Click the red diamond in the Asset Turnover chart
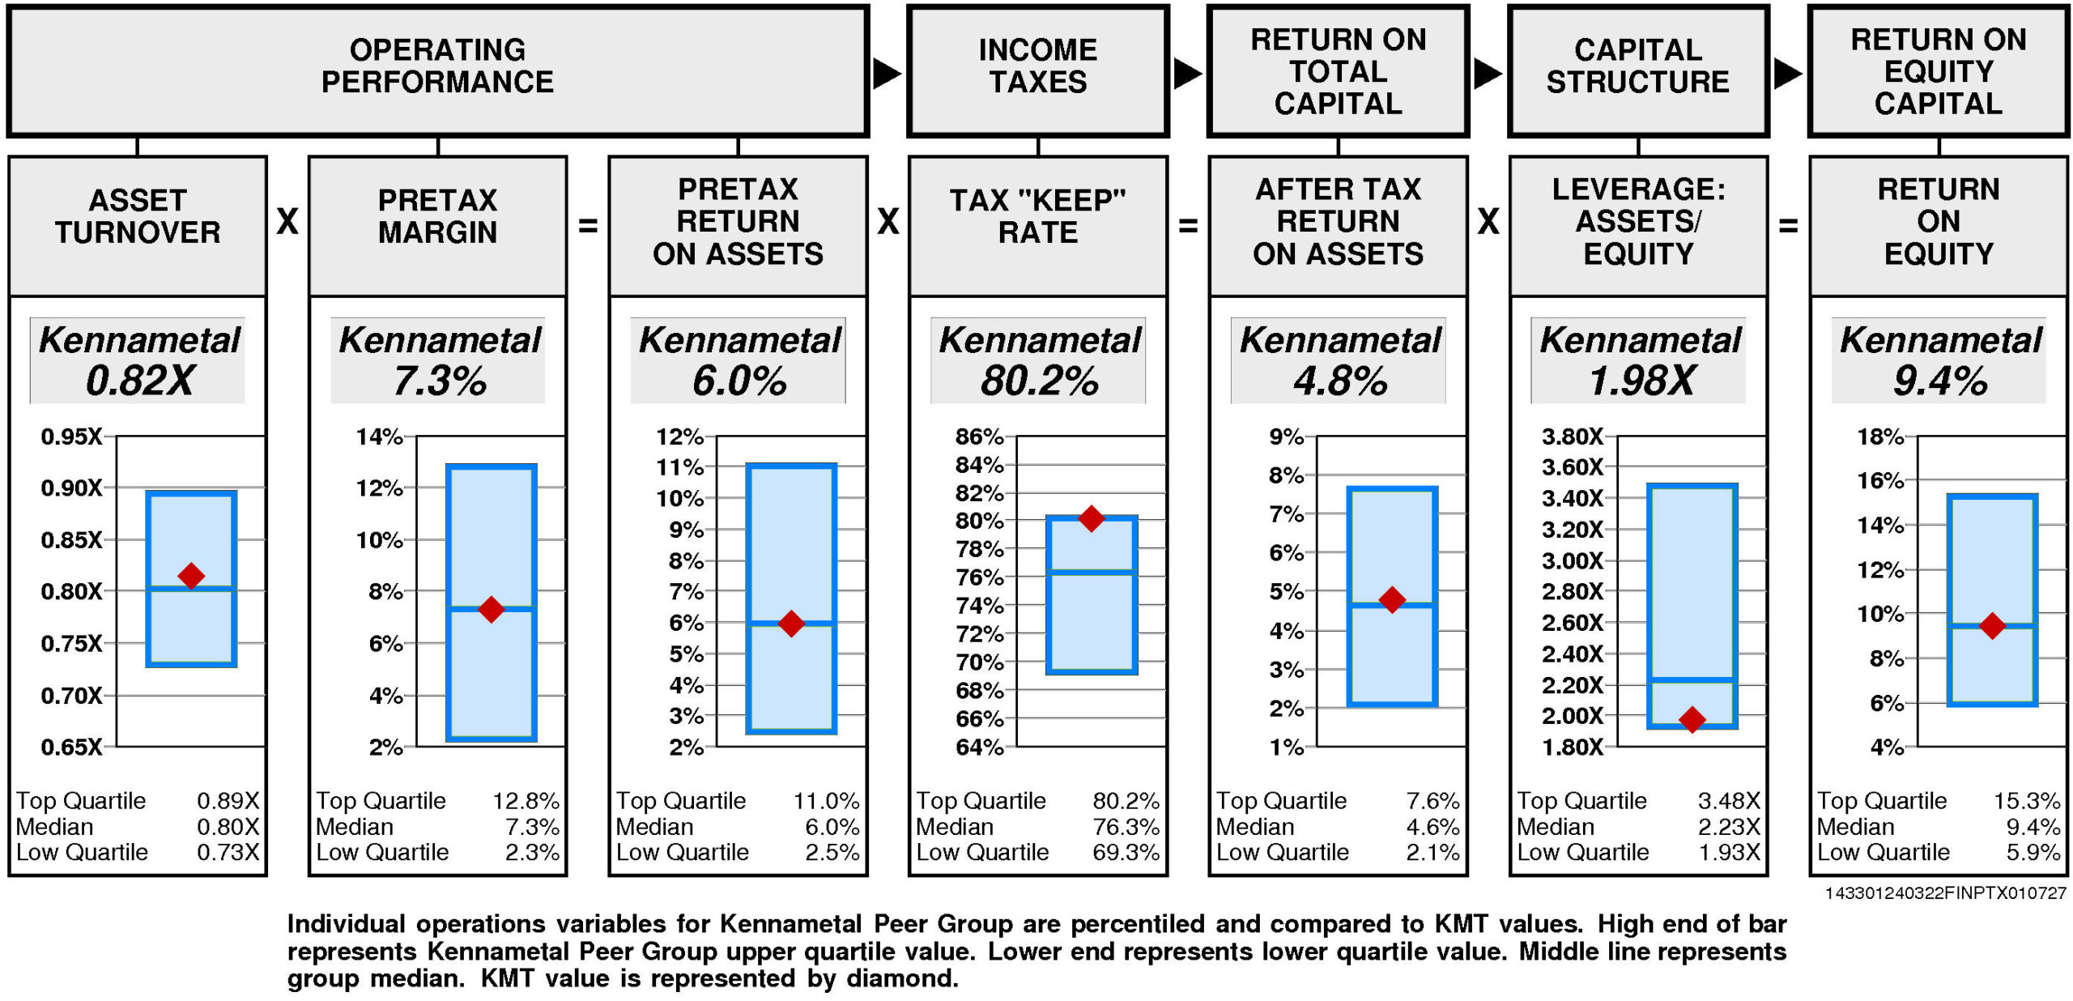(191, 576)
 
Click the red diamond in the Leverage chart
(1692, 719)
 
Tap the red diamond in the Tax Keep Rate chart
(1092, 518)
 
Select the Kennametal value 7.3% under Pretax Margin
(440, 381)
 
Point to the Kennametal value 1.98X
(1641, 381)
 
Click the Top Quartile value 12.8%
(526, 801)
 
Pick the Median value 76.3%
(1126, 827)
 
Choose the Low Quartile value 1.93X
(1729, 852)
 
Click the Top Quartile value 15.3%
(2027, 801)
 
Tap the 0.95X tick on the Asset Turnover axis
(71, 437)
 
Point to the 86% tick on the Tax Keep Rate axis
(979, 437)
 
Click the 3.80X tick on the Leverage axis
(1572, 437)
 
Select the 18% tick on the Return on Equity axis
(1880, 437)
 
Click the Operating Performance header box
(437, 70)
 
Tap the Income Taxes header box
(1037, 70)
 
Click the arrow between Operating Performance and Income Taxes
(887, 74)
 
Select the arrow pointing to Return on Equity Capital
(1787, 74)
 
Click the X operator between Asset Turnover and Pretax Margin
(287, 222)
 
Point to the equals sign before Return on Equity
(1788, 225)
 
